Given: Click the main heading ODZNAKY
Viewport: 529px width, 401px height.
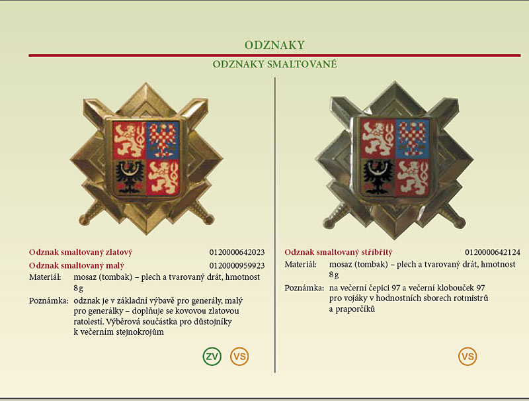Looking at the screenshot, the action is (x=274, y=45).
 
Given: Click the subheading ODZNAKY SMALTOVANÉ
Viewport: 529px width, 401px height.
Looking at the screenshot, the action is (x=274, y=64).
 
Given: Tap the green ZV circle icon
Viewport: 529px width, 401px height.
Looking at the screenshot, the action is (x=212, y=356).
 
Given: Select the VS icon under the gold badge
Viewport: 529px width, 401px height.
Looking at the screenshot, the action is (x=239, y=356).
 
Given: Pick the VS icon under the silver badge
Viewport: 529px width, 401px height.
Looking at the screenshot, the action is (x=468, y=356).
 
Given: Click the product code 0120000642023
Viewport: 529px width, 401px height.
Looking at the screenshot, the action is (x=237, y=252).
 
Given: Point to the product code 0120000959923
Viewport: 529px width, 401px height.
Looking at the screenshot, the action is (x=237, y=265).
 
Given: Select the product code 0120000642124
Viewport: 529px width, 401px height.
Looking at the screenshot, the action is (x=493, y=252).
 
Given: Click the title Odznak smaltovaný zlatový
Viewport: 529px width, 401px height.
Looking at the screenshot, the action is (x=81, y=252).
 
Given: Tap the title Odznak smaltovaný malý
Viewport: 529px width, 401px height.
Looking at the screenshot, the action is (x=77, y=265).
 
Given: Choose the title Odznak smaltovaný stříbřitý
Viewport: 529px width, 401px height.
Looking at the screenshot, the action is (x=339, y=252).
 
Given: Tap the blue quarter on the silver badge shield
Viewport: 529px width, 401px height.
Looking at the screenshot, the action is (x=412, y=138).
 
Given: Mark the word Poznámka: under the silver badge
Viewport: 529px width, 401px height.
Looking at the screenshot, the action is (x=304, y=288).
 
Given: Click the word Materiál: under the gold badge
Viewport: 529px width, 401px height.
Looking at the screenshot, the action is (x=45, y=277).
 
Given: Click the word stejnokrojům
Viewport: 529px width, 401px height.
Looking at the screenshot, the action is (x=140, y=332).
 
